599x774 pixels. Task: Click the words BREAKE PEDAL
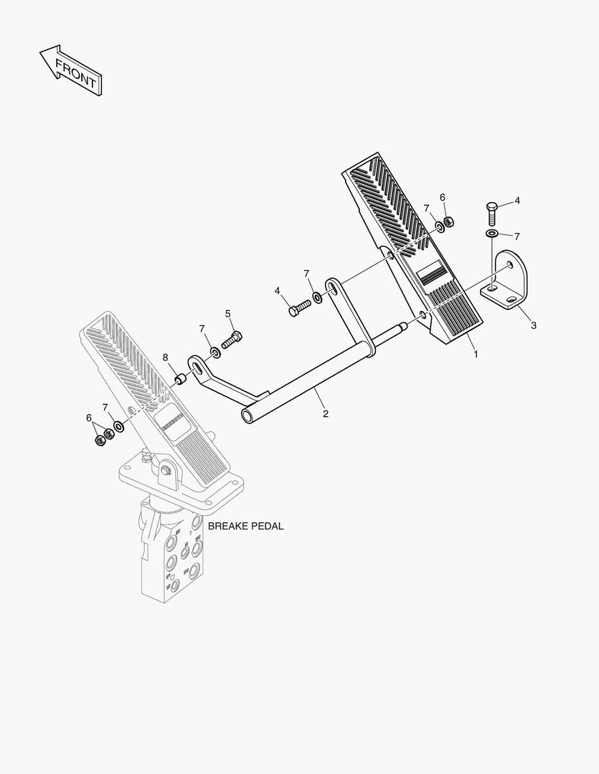[245, 526]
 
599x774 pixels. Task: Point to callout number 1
[475, 353]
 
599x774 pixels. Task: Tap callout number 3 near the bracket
[533, 325]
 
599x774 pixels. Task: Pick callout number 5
[228, 313]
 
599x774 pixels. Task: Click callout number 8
[165, 358]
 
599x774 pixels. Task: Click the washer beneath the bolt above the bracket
[491, 234]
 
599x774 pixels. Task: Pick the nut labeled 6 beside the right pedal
[447, 223]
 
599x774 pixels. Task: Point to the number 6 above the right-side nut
[442, 197]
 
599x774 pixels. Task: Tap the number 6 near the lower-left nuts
[89, 418]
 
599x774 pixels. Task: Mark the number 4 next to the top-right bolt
[517, 201]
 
